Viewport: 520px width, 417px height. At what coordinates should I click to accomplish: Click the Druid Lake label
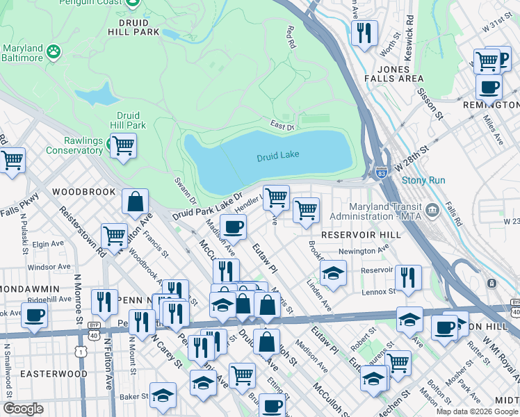(x=277, y=156)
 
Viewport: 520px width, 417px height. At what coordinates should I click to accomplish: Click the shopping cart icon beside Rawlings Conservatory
(x=123, y=146)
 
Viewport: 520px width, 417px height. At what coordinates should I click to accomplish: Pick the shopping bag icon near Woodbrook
(x=135, y=202)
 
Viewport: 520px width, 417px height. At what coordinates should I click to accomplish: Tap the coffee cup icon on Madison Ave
(x=233, y=227)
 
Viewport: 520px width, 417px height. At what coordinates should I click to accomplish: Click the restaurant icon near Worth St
(x=364, y=33)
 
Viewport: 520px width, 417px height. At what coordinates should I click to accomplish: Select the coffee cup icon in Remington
(x=489, y=88)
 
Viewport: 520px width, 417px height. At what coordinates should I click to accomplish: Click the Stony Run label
(x=422, y=180)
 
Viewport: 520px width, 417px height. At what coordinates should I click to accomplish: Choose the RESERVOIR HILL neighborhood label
(x=360, y=235)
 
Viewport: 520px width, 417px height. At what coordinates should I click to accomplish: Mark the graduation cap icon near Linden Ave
(x=333, y=272)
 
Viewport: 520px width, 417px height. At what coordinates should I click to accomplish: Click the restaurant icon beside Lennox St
(x=408, y=277)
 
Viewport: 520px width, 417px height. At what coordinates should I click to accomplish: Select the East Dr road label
(x=283, y=126)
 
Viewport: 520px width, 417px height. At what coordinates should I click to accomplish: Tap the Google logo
(x=23, y=409)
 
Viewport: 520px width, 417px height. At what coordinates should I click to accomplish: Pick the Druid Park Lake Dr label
(x=207, y=208)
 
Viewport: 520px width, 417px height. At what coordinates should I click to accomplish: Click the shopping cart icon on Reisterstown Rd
(x=114, y=236)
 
